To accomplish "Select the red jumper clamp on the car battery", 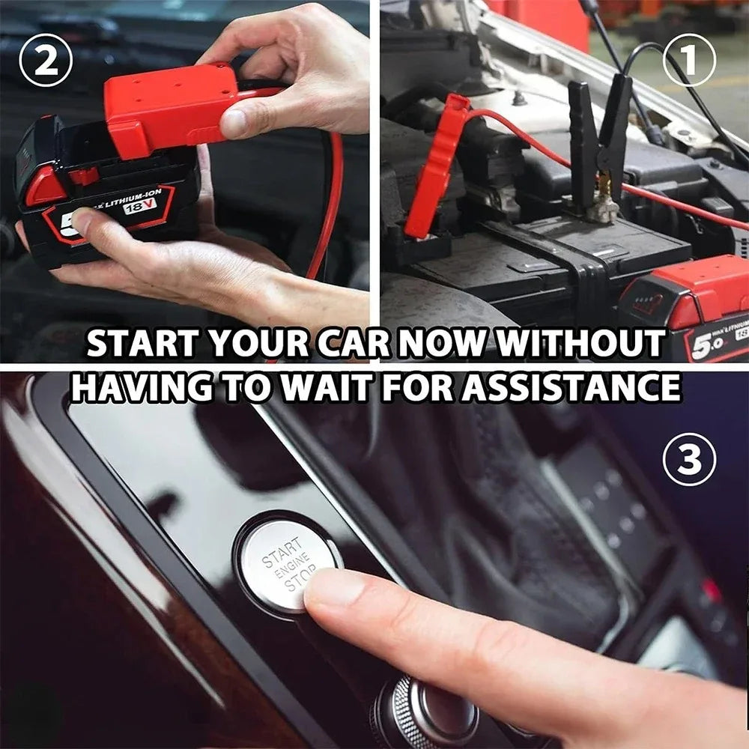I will [x=434, y=169].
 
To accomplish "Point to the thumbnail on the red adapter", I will [x=236, y=122].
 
